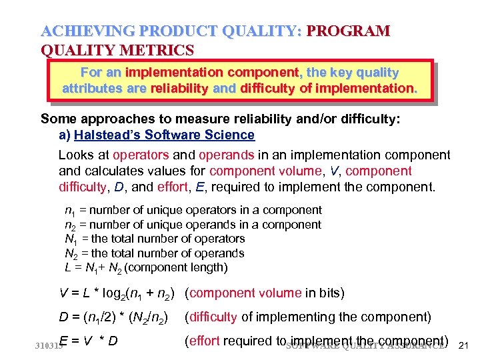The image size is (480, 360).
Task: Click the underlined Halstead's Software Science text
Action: click(x=165, y=135)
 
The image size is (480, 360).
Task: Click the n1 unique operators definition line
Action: click(x=193, y=211)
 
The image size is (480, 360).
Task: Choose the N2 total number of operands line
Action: click(x=154, y=253)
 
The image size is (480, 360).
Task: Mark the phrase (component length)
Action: click(x=176, y=268)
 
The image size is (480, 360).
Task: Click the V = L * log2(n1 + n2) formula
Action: click(x=119, y=293)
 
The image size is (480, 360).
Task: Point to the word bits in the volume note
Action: click(x=331, y=293)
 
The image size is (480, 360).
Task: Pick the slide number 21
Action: click(x=465, y=345)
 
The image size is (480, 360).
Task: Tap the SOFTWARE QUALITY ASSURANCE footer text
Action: click(x=365, y=346)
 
